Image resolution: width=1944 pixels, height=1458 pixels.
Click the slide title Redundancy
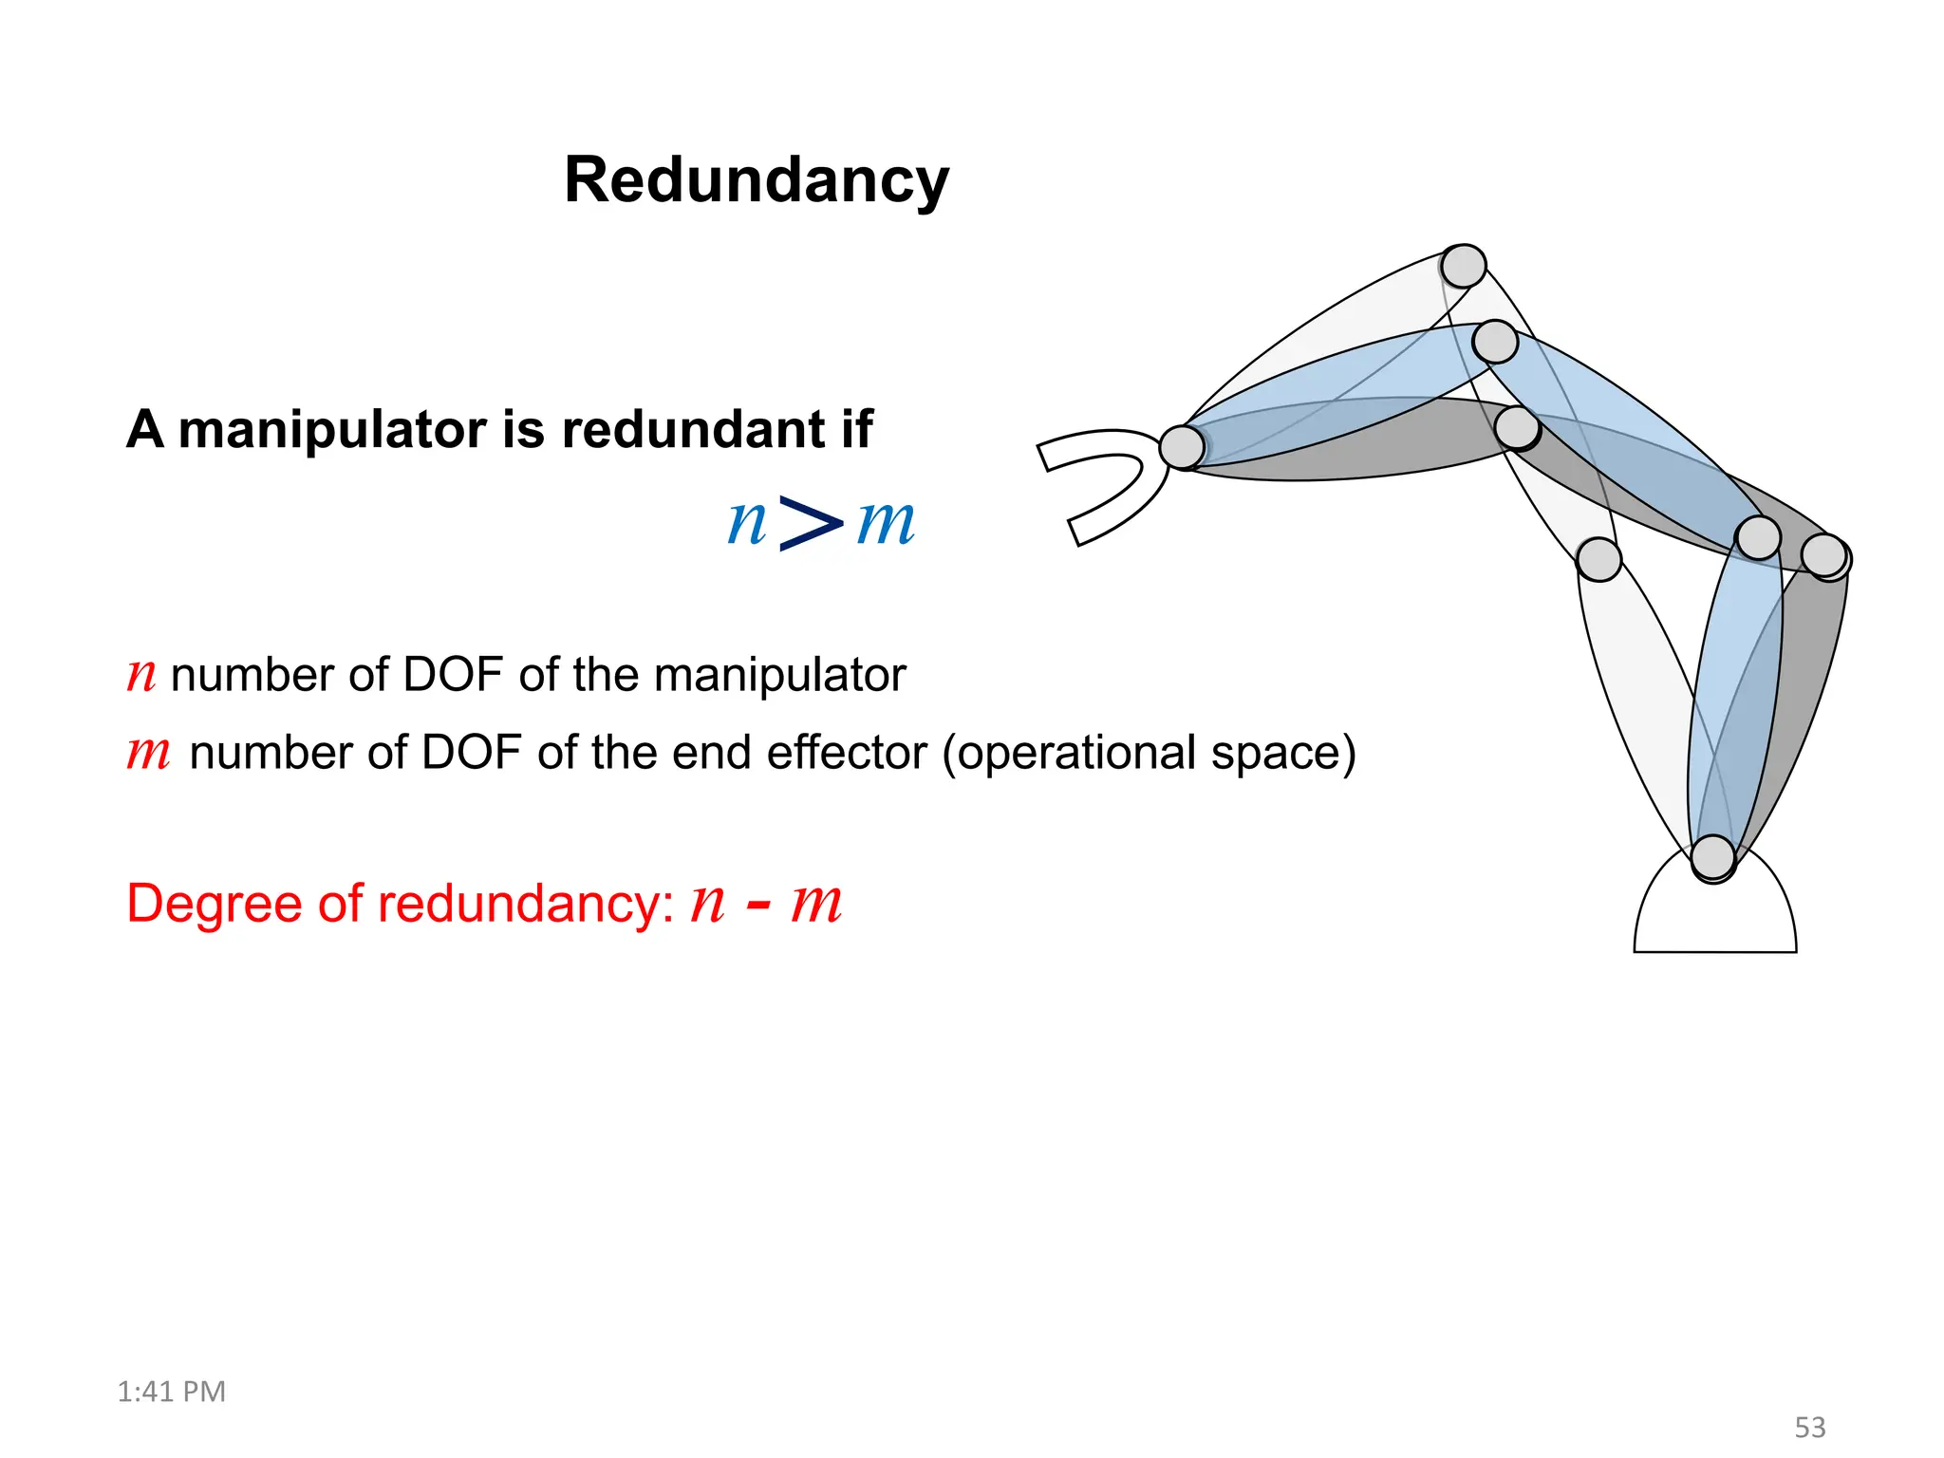coord(756,180)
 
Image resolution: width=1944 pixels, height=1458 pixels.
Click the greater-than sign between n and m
coord(810,522)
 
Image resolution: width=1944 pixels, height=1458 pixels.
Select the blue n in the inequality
coord(746,523)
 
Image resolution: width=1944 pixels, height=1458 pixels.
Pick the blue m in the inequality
coord(885,523)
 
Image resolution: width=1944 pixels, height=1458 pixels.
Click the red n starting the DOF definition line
coord(141,676)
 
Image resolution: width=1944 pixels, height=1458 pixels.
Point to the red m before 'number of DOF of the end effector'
coord(148,754)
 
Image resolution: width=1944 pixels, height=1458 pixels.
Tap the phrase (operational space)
coord(1149,754)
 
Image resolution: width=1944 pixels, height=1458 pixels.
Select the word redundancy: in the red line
coord(526,904)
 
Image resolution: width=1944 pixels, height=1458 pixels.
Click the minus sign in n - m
coord(757,904)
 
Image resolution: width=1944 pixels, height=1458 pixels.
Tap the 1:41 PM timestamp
coord(171,1392)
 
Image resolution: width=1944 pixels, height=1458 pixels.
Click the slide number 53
coord(1810,1428)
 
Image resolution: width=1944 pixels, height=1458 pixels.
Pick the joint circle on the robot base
coord(1713,857)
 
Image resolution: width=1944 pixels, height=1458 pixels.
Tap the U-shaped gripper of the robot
coord(1101,484)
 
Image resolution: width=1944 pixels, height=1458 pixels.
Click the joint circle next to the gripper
coord(1183,447)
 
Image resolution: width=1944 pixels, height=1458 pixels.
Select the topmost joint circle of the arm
coord(1463,266)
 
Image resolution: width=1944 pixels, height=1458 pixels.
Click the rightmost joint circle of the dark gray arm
coord(1824,555)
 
